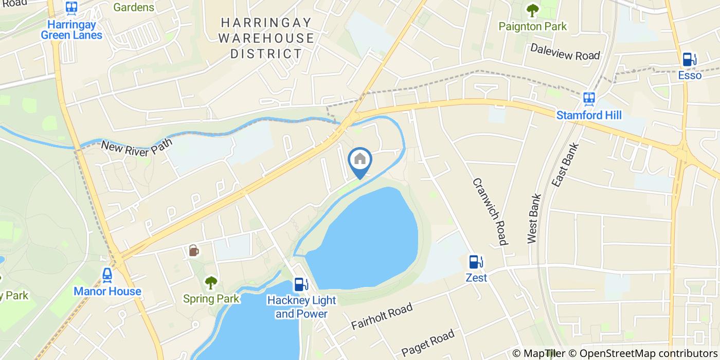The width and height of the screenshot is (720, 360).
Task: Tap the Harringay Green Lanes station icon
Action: coord(71,8)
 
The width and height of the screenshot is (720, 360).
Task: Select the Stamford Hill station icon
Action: coord(589,98)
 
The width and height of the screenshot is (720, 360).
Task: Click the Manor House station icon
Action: coord(107,275)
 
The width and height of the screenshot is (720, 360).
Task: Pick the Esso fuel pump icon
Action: coord(689,60)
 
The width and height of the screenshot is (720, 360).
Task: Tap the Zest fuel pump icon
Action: coord(475,262)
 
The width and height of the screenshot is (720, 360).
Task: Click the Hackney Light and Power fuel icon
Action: coord(300,284)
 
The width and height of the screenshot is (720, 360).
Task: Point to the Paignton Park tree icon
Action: coord(532,10)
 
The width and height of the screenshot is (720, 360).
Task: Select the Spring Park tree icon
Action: coord(211,282)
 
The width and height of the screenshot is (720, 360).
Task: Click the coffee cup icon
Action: coord(193,250)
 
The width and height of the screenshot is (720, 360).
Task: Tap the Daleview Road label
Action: coord(565,52)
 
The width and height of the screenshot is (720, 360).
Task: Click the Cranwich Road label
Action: coord(490,211)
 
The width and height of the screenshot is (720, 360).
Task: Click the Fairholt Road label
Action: coord(382,316)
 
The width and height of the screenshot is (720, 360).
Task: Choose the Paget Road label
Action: coord(428,343)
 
